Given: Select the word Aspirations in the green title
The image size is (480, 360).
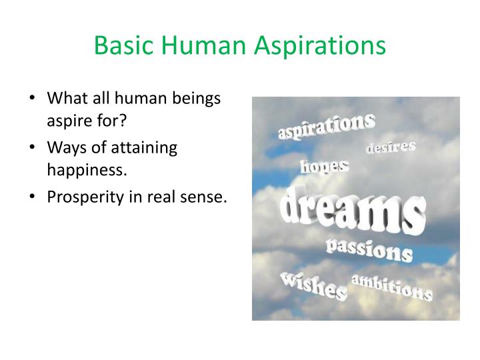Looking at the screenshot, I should (321, 45).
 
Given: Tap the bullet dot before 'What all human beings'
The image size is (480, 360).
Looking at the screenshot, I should (34, 99).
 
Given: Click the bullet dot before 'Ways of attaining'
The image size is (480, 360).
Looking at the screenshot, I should (34, 148).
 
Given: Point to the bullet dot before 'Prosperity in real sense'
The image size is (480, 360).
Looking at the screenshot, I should (34, 197).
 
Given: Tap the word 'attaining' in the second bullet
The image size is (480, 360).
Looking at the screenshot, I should (150, 148).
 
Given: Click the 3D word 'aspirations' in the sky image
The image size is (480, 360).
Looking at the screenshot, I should (326, 126).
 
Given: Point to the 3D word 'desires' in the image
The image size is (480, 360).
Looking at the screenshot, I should (391, 147).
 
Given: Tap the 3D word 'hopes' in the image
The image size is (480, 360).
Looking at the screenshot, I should (325, 165).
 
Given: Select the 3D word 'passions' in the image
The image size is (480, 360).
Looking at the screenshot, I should (369, 250).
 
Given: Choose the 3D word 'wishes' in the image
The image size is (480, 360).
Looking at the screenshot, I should (313, 285).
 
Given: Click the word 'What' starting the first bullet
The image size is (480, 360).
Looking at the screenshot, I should (64, 99).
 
